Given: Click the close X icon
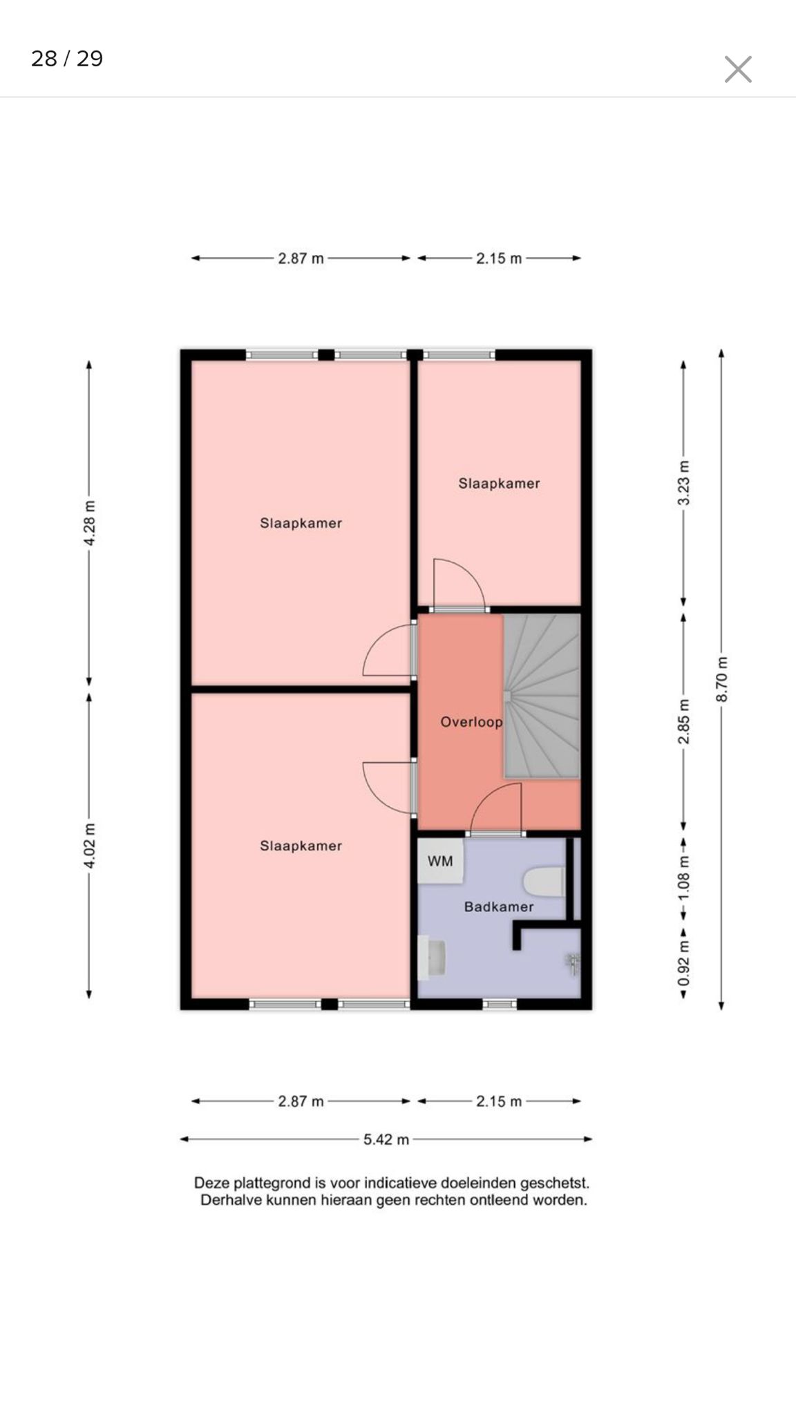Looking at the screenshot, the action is (x=738, y=69).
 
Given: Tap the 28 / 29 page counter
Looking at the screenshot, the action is (x=67, y=59).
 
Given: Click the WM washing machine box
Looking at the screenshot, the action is (x=440, y=861).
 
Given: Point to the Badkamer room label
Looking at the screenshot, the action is (x=499, y=906).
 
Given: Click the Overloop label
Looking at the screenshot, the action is (x=471, y=722).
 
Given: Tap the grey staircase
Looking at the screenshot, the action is (x=542, y=696).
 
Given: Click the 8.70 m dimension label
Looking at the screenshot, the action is (x=721, y=679).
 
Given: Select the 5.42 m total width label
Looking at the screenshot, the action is (x=386, y=1139).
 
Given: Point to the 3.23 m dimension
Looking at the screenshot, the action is (x=683, y=482).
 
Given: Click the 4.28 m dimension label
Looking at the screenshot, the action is (x=89, y=523).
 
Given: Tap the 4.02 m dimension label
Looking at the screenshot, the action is (x=89, y=846).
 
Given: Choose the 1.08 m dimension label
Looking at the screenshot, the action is (x=683, y=877).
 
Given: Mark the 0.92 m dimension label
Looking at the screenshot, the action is (x=683, y=963).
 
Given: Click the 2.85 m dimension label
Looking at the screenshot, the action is (x=683, y=721).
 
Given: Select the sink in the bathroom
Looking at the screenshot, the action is (x=433, y=957).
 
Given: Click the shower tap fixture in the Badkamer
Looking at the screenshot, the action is (x=573, y=963).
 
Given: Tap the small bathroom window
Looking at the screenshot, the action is (x=499, y=1004).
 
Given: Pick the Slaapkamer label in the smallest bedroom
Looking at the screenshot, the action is (x=499, y=484).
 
